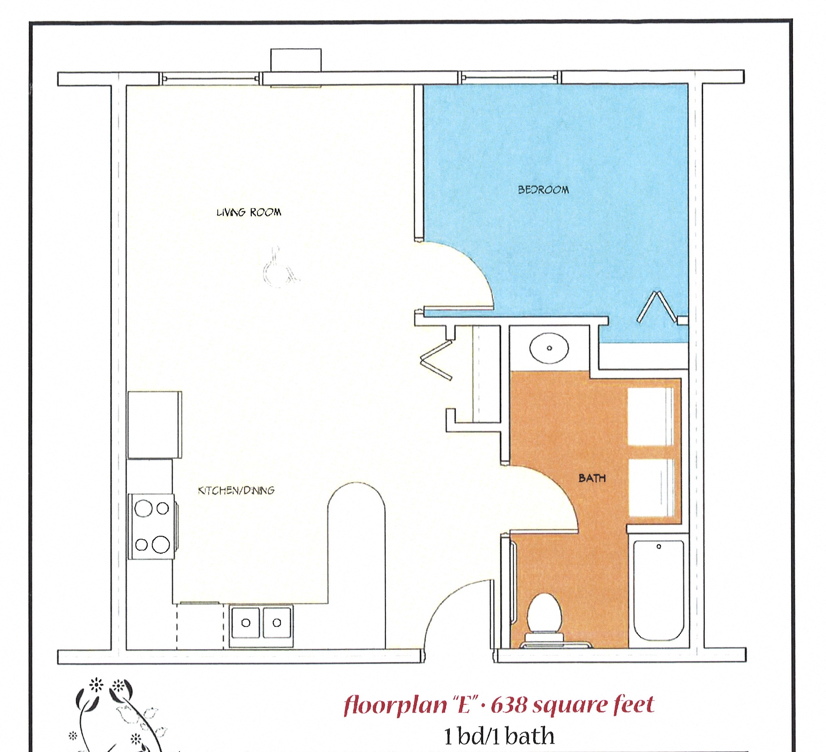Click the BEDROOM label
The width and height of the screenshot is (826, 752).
[543, 190]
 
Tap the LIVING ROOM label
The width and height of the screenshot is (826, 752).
[249, 212]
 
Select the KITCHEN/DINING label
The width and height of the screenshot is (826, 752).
[236, 490]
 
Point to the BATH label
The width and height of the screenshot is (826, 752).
[592, 478]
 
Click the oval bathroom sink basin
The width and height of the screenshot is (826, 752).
[549, 348]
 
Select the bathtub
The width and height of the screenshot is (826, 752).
[658, 590]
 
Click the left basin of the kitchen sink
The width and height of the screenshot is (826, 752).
[245, 623]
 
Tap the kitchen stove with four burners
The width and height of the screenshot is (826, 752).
[152, 526]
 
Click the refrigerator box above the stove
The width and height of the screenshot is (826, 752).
[155, 425]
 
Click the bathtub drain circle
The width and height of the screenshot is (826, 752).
[659, 547]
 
